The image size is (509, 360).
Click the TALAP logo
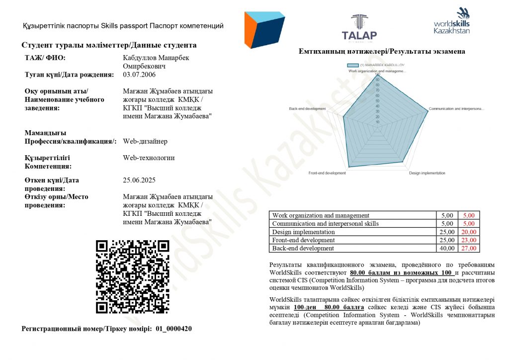coord(359,27)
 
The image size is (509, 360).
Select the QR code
coord(133,276)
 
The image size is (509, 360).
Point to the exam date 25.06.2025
coord(139,180)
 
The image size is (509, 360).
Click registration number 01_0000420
coord(173,329)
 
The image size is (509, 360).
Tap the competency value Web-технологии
coord(149,158)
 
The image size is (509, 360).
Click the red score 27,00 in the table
coord(469,248)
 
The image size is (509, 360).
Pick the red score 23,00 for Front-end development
coord(469,240)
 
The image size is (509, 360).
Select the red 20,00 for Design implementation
coord(469,232)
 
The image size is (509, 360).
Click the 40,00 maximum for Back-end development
coord(447,248)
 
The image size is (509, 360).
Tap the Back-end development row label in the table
coord(303,248)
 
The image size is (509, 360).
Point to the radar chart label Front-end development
coord(327,173)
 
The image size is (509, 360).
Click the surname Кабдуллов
coord(139,58)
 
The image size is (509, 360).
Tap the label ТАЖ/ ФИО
coord(45,58)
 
